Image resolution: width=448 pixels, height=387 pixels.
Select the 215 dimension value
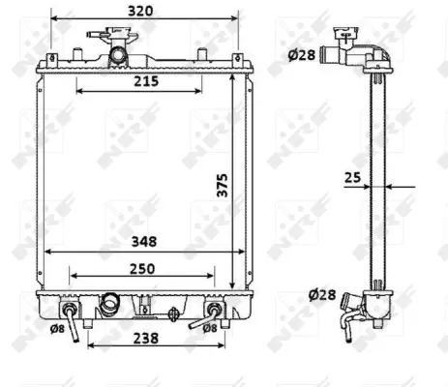click(144, 82)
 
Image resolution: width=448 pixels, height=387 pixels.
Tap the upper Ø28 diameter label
click(301, 54)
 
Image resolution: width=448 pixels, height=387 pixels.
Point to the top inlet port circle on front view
click(119, 55)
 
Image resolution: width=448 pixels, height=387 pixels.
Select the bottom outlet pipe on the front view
click(108, 305)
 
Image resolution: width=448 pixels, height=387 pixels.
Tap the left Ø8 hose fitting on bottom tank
click(72, 313)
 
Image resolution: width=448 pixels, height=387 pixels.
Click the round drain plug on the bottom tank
click(174, 313)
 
